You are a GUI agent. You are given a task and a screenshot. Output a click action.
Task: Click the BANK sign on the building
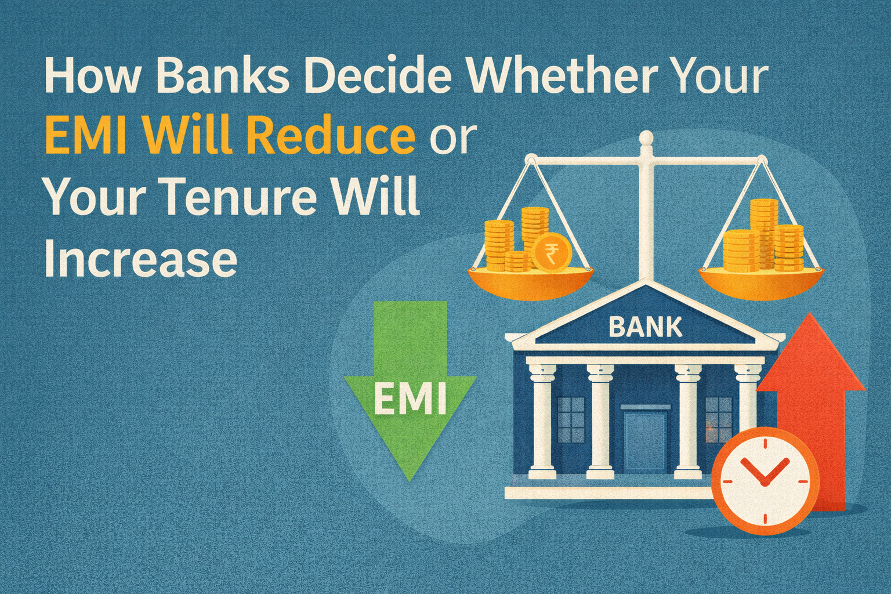(x=645, y=327)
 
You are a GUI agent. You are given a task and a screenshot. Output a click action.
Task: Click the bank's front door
(x=645, y=441)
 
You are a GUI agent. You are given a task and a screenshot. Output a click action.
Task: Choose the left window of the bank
(x=571, y=419)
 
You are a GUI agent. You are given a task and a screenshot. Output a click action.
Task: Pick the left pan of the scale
(x=530, y=282)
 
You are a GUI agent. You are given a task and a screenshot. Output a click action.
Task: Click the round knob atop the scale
(x=646, y=138)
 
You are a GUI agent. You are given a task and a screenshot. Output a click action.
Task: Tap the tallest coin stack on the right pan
(x=763, y=232)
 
